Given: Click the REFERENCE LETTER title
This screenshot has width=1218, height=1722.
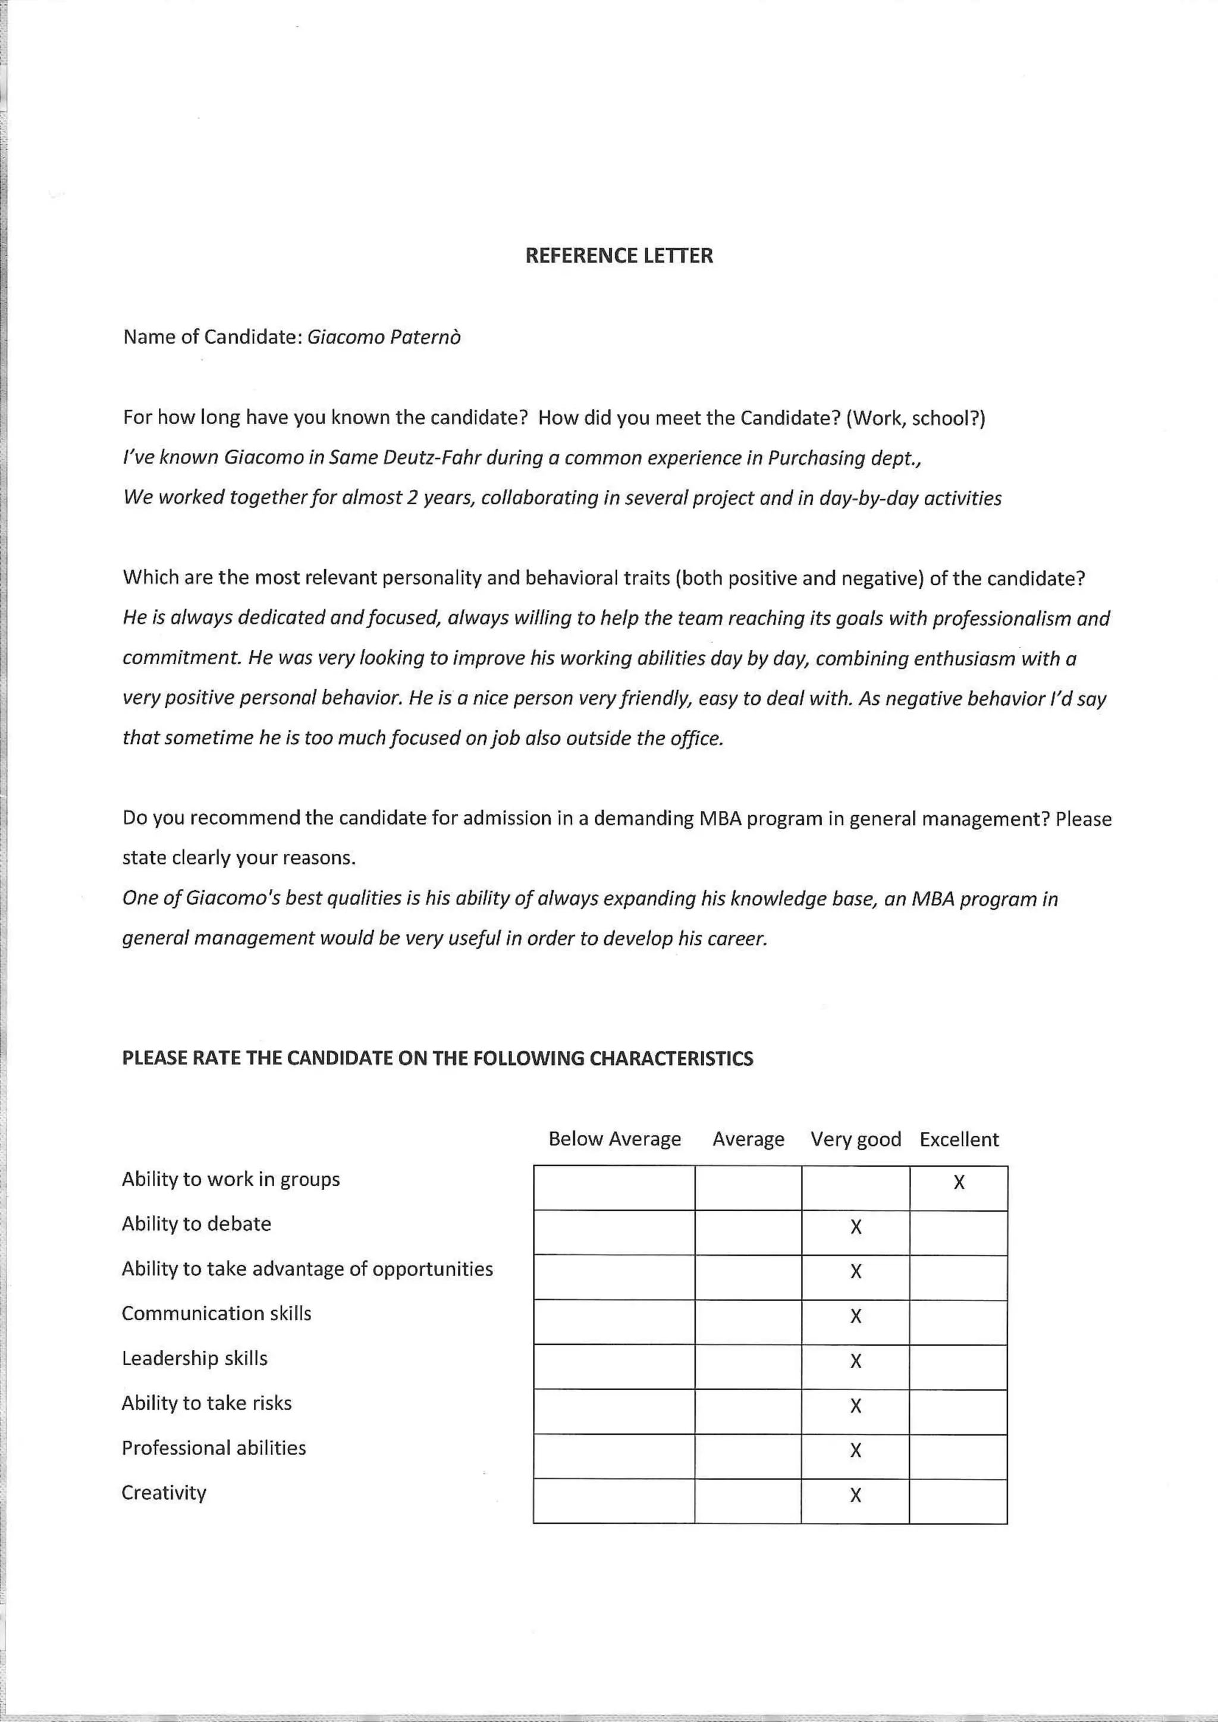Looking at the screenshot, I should (619, 256).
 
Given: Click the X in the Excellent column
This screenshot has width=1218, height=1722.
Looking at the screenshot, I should (959, 1183).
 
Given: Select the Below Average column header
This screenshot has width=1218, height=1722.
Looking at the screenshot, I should (614, 1139).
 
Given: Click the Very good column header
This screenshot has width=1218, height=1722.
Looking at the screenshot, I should (856, 1139).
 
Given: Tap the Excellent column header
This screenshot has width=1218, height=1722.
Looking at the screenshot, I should (959, 1139).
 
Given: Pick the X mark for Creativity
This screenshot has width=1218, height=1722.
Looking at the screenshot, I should (856, 1495).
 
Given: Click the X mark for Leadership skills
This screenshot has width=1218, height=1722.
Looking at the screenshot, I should (856, 1360).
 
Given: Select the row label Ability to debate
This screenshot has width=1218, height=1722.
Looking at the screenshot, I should (196, 1223).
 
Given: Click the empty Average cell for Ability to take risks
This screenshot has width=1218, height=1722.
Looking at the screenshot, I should (748, 1406).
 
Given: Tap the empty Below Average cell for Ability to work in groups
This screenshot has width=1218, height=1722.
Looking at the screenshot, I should (614, 1187).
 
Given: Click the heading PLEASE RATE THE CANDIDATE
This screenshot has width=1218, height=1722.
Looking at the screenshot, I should (437, 1058).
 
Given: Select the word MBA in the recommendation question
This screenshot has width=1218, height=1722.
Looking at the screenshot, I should (720, 818).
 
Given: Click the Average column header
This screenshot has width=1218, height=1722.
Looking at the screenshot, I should (748, 1139).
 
